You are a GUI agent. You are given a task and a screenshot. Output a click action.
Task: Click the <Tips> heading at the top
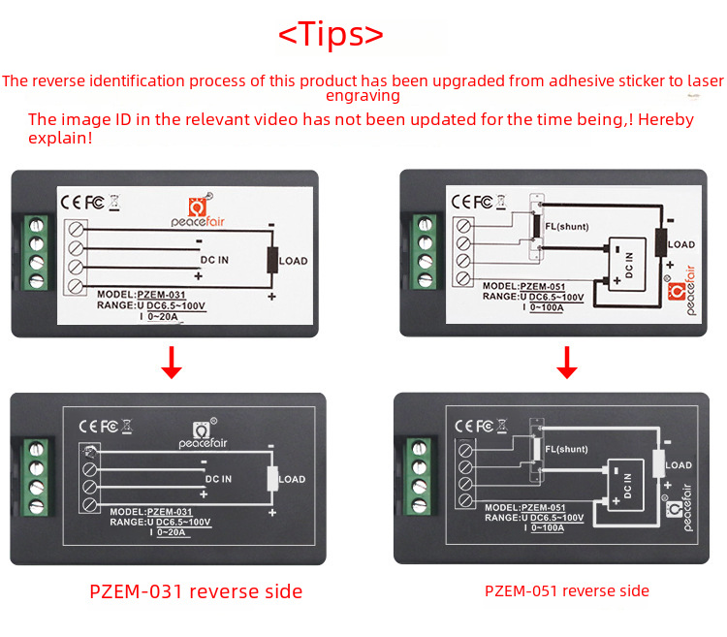tap(332, 34)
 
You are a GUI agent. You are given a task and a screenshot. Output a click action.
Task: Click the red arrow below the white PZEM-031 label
tap(172, 361)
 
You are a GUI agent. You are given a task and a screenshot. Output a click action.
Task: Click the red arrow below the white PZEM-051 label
tap(568, 361)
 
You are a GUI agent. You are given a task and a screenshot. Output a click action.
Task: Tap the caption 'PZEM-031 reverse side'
tap(196, 591)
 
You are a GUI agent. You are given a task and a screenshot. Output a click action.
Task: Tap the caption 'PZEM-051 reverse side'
tap(567, 590)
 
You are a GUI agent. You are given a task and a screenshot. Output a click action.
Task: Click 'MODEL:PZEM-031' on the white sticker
tap(142, 294)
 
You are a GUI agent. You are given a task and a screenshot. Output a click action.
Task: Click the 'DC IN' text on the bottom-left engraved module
tap(218, 479)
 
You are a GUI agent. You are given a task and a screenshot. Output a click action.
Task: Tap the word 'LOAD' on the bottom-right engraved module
tap(679, 465)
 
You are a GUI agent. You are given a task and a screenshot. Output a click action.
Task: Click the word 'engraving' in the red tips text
tap(363, 96)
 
